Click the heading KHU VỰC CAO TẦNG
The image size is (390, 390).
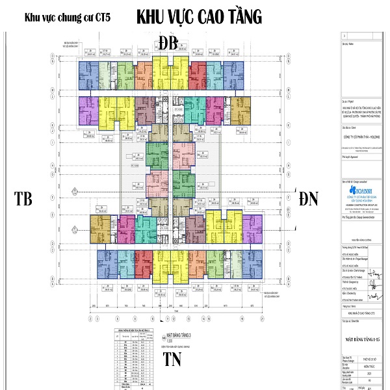pos(199,18)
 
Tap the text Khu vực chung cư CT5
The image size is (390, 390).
pos(62,18)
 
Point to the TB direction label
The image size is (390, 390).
pos(23,199)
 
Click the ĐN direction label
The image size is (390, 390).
pos(309,199)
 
